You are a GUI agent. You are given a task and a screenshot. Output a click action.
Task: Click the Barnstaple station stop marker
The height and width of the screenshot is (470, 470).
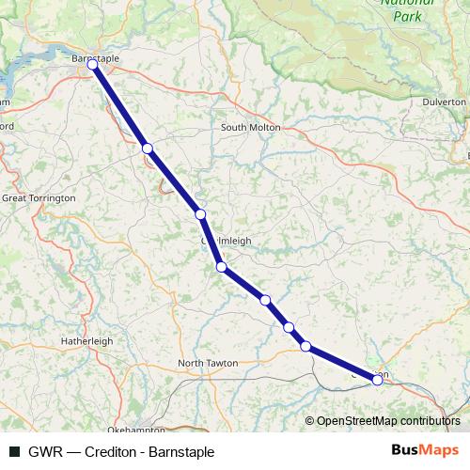[92, 65]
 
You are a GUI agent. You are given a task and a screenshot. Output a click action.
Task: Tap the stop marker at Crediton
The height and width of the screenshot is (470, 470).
[378, 380]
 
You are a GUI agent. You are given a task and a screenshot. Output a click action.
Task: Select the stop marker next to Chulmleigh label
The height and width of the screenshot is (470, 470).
[222, 267]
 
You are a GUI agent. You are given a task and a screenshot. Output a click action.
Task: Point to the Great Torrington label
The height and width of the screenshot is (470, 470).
[39, 199]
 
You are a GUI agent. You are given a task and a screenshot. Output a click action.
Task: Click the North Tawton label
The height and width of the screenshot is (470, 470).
[208, 363]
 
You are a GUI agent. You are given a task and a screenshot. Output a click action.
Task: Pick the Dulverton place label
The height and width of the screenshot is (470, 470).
[445, 102]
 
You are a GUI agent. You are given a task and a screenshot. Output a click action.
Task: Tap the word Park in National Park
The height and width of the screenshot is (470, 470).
[406, 17]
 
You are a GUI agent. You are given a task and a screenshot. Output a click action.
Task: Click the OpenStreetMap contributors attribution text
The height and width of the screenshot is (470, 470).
[388, 421]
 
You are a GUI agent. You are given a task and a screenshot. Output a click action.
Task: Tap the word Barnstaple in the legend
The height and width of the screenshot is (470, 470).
[182, 451]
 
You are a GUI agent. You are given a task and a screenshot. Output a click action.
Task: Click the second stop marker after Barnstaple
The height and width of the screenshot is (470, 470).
[200, 214]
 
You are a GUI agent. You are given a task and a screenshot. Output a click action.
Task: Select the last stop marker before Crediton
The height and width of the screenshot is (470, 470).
[305, 346]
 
